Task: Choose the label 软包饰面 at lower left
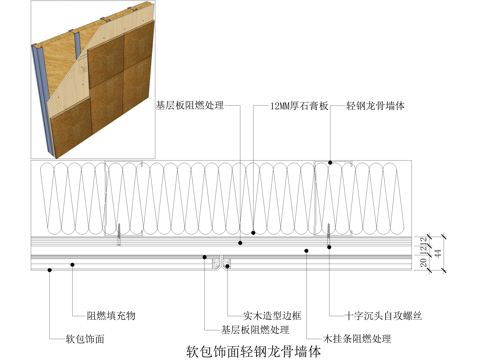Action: coord(85,338)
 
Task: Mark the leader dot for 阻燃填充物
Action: coord(73,263)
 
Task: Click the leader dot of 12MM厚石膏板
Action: coord(254,232)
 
